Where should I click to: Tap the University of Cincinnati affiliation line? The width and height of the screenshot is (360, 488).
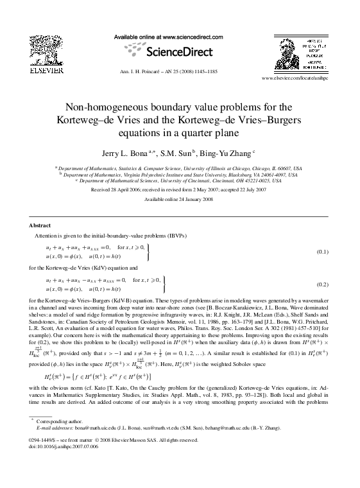tap(180, 181)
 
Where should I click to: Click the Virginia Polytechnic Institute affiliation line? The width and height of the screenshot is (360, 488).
tap(180, 174)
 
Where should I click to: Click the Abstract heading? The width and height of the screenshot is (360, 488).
tap(40, 226)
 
